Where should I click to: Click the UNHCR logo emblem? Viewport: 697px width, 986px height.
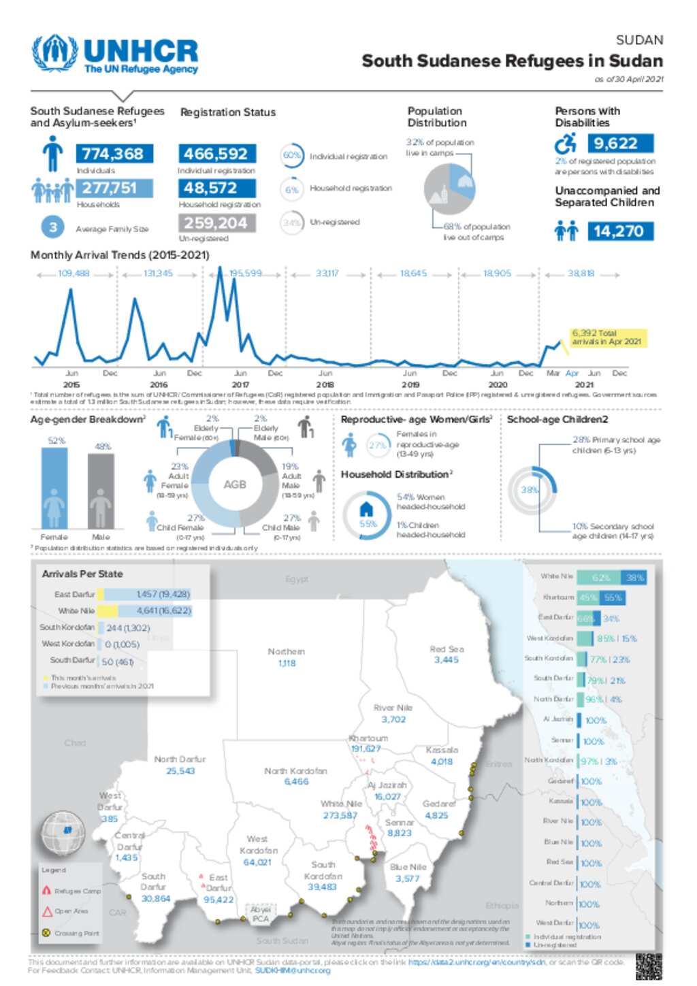54,53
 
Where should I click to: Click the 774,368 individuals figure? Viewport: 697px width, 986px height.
114,154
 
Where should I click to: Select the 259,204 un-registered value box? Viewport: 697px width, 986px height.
216,223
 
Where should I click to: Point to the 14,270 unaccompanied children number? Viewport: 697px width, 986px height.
619,231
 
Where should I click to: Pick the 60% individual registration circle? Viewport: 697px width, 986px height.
292,155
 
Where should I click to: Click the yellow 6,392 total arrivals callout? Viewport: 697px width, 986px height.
608,338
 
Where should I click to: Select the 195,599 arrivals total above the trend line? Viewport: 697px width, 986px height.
245,274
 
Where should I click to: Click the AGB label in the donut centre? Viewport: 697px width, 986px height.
235,484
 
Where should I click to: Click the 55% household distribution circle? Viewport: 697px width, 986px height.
367,516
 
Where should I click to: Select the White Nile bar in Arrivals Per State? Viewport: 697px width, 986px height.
144,611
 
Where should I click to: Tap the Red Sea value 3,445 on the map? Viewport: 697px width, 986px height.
447,660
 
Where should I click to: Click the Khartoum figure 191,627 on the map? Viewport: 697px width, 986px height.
366,749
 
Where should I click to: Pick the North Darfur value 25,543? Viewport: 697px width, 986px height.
180,771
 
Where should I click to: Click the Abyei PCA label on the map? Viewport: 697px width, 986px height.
261,914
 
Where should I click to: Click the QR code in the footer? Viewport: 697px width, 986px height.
648,966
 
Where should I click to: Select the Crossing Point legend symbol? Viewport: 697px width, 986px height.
46,933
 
